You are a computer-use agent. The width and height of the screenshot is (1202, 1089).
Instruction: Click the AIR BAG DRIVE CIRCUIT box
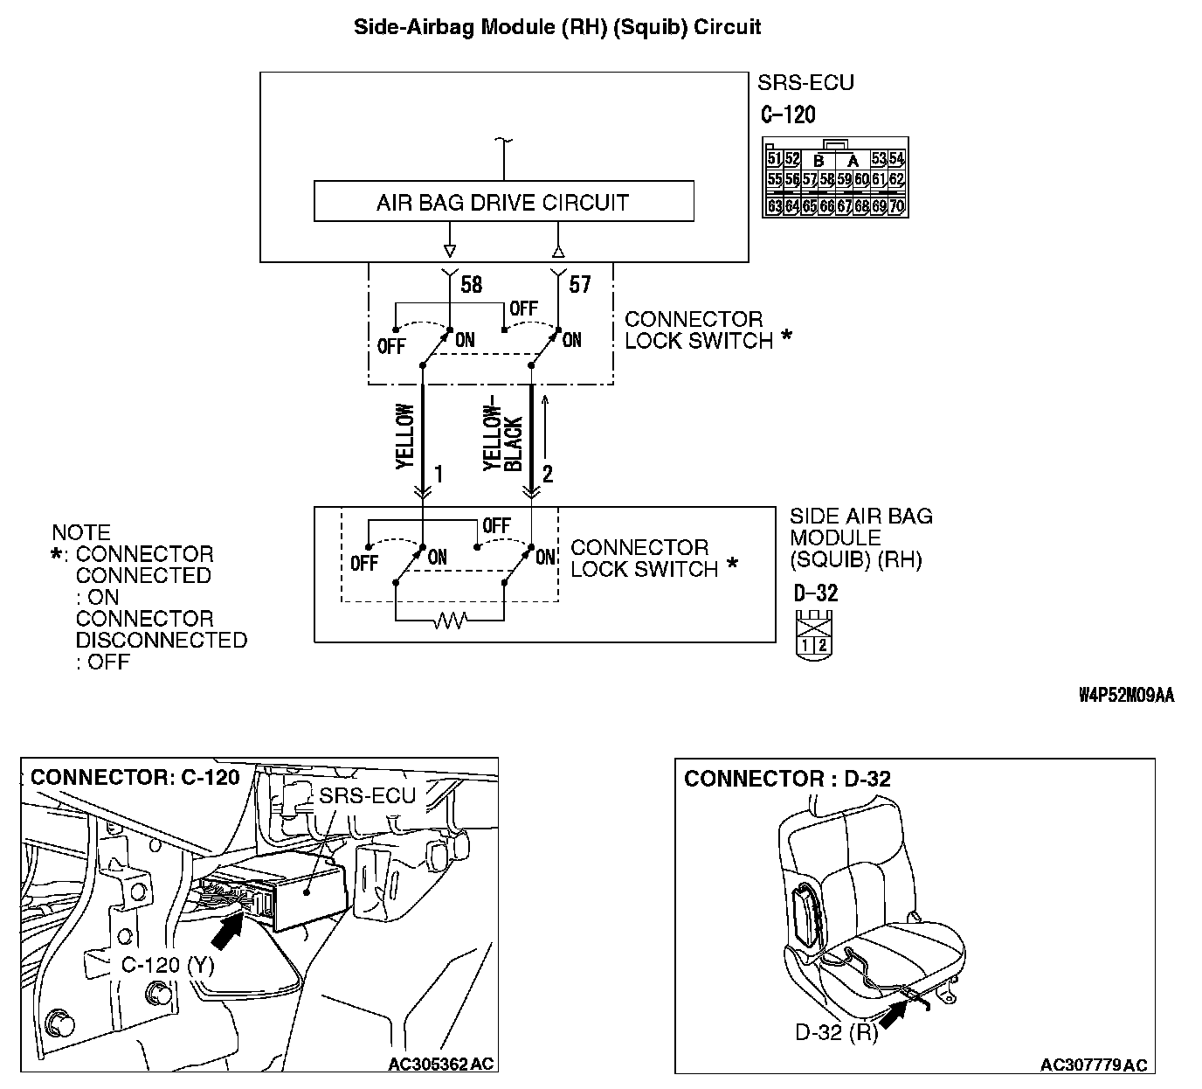point(503,202)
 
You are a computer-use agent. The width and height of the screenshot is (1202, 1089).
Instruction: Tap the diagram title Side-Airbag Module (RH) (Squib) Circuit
point(556,27)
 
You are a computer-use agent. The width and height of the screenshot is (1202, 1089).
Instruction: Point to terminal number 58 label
point(471,285)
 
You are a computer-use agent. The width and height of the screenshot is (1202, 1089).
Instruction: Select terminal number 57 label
point(579,285)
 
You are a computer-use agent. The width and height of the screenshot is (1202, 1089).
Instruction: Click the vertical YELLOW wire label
point(404,436)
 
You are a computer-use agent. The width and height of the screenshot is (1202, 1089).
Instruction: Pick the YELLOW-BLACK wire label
point(503,438)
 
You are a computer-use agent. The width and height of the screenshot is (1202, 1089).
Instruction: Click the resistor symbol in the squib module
point(451,621)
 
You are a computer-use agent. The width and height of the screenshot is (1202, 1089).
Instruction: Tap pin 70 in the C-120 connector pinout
point(897,207)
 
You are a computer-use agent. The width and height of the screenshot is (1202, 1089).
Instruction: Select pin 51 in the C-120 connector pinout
point(774,159)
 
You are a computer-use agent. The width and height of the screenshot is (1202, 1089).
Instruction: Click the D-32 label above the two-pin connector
point(816,593)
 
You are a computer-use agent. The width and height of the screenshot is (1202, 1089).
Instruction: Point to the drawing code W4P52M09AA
point(1126,696)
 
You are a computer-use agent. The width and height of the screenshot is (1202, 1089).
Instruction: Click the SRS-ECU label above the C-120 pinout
point(805,83)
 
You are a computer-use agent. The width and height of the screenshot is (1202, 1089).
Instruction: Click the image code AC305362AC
point(441,1064)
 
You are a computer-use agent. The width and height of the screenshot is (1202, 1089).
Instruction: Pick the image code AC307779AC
point(1094,1065)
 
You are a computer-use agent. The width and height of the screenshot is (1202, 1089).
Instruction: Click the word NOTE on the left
point(81,532)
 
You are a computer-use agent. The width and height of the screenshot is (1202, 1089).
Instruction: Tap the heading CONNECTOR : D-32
point(787,779)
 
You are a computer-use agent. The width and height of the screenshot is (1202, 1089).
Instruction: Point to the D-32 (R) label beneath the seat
point(836,1032)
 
